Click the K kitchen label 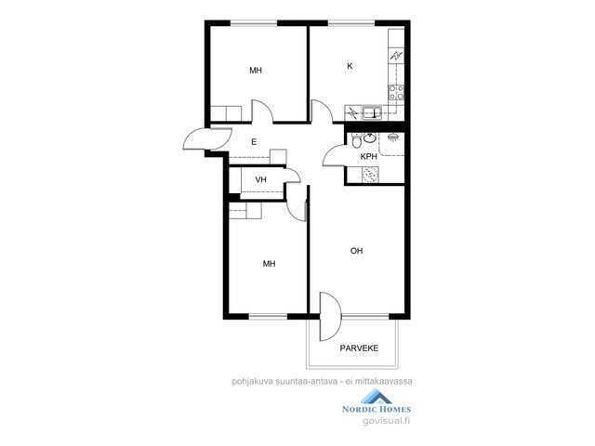coord(350,66)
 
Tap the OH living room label coord(356,251)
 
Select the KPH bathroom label coord(368,156)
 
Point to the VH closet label coord(260,179)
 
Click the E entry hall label coord(254,142)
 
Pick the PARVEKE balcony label coord(359,348)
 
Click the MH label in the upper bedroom coord(256,71)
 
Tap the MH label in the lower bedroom coord(269,264)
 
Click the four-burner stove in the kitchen coord(396,93)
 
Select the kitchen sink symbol coord(372,112)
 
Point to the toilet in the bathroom coord(357,140)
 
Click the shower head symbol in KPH coord(393,137)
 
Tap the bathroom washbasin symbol coord(370,138)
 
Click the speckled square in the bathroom coord(370,175)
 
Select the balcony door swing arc coord(331,317)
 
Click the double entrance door coord(207,139)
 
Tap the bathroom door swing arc coord(332,154)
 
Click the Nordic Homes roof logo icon coord(376,397)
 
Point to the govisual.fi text coord(387,421)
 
